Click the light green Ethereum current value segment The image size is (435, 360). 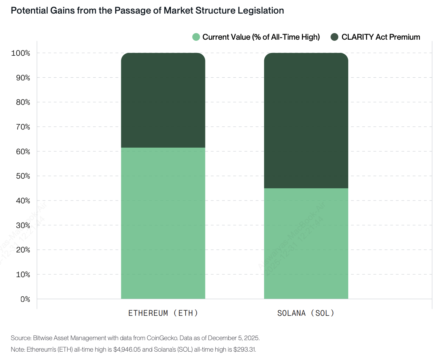[163, 223]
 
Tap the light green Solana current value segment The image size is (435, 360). [306, 243]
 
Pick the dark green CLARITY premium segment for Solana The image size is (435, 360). [306, 120]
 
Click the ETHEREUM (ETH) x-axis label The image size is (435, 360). [163, 313]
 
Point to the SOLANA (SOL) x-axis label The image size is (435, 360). [306, 313]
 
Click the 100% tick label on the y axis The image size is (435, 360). [21, 53]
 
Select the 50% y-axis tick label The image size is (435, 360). [23, 176]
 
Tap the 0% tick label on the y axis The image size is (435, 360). [25, 299]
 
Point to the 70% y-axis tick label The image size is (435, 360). [23, 127]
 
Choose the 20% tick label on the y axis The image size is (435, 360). [23, 250]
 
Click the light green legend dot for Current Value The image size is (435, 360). [196, 37]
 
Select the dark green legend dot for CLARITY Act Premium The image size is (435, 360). [334, 37]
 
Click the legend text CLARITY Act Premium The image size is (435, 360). [381, 37]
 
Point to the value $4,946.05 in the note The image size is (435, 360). [127, 349]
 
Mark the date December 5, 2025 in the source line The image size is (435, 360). [233, 338]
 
